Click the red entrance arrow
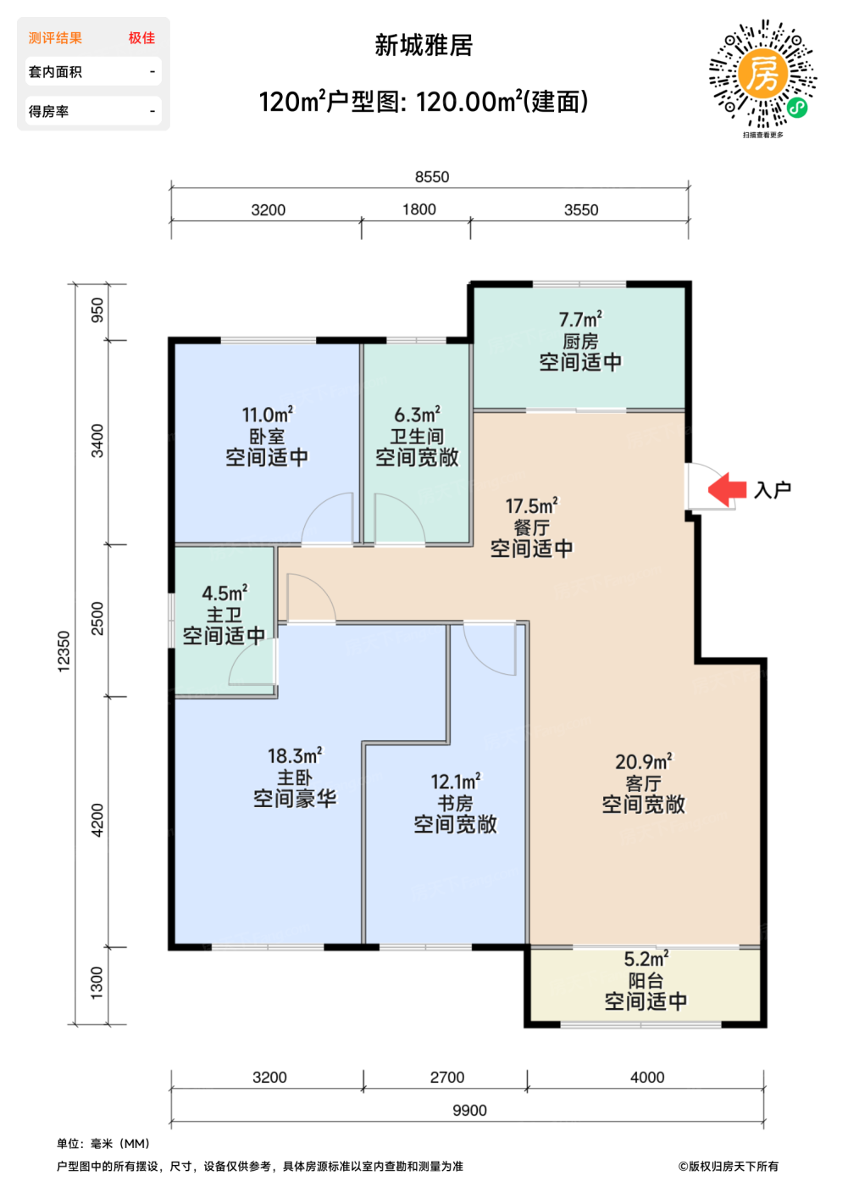point(727,489)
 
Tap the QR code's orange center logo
point(762,74)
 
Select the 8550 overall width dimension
point(432,177)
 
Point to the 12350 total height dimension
point(64,651)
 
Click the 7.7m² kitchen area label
point(580,320)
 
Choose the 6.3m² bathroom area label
point(417,415)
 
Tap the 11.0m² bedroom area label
point(268,415)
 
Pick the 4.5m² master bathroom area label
point(224,593)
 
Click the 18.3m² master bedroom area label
point(295,755)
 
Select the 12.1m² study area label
point(456,782)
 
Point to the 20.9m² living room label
point(644,762)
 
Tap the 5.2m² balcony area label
point(646,959)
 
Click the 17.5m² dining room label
point(531,505)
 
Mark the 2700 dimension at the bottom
point(447,1078)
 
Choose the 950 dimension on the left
point(97,310)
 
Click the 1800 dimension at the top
point(419,209)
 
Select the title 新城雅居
point(424,46)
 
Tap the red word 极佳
point(141,38)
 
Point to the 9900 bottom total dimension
point(469,1110)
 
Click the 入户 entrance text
point(773,490)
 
